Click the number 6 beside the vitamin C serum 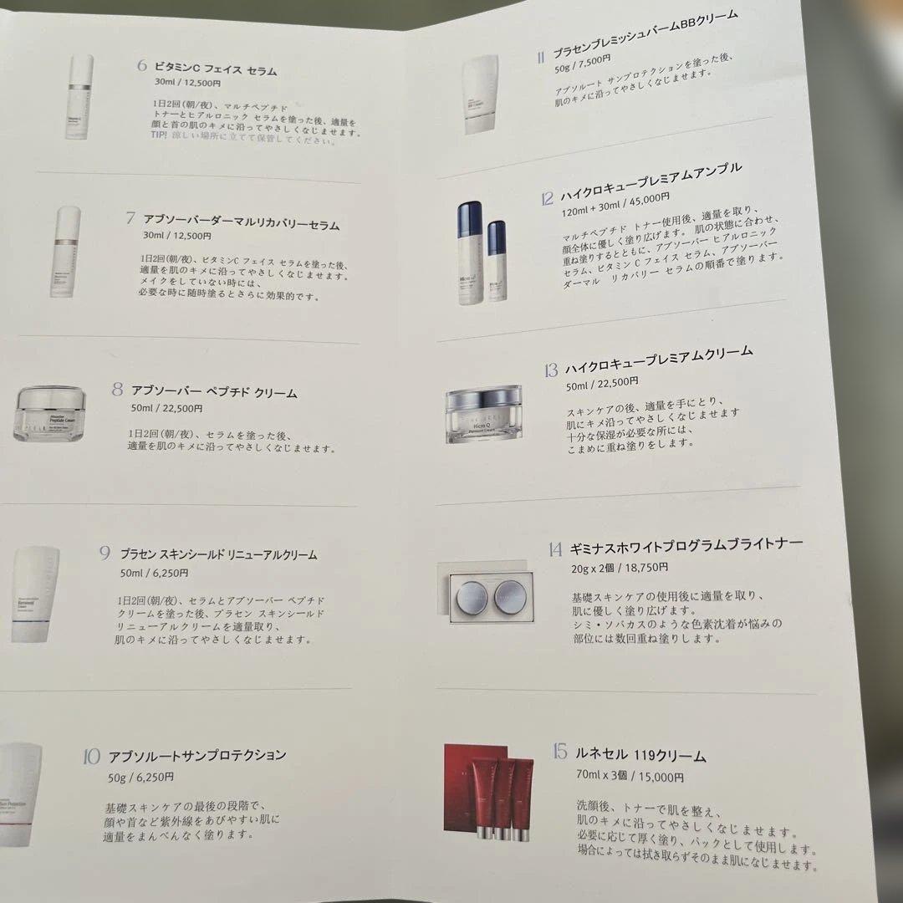(x=142, y=66)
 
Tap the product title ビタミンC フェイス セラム (x=216, y=70)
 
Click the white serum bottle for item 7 (x=65, y=251)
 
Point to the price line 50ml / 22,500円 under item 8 (x=166, y=409)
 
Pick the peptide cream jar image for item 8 (x=50, y=413)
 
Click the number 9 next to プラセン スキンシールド (x=105, y=553)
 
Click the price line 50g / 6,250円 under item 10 (x=140, y=777)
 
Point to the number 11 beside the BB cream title (x=541, y=57)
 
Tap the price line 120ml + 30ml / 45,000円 (x=617, y=199)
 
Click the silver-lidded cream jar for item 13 (x=483, y=413)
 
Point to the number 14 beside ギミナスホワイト (x=554, y=549)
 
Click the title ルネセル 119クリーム (x=640, y=755)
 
